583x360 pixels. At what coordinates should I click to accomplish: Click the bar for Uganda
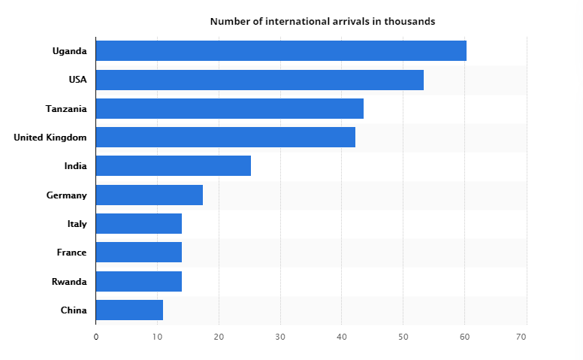(x=281, y=51)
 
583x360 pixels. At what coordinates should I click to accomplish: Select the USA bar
(x=260, y=80)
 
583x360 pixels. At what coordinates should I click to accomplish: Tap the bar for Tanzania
(x=230, y=108)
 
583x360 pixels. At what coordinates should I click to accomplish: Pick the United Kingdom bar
(x=225, y=137)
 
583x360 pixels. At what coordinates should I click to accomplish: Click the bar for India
(x=174, y=165)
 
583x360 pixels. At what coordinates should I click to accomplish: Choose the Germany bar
(x=150, y=195)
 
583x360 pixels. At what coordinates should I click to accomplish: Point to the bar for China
(x=129, y=310)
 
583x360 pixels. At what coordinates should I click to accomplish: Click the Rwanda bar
(x=139, y=281)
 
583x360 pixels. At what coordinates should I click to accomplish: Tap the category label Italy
(x=77, y=224)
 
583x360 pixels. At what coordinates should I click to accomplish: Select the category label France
(x=71, y=253)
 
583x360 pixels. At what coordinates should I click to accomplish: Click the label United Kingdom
(x=50, y=138)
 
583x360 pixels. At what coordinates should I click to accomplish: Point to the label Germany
(x=66, y=195)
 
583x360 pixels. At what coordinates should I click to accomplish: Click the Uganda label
(x=69, y=51)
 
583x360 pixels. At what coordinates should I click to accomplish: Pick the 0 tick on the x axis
(x=96, y=337)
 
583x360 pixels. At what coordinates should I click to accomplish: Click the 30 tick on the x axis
(x=280, y=337)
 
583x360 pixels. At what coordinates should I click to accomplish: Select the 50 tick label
(x=403, y=337)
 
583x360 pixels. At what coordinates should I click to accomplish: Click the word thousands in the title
(x=409, y=21)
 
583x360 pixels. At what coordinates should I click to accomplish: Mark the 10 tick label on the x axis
(x=158, y=337)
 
